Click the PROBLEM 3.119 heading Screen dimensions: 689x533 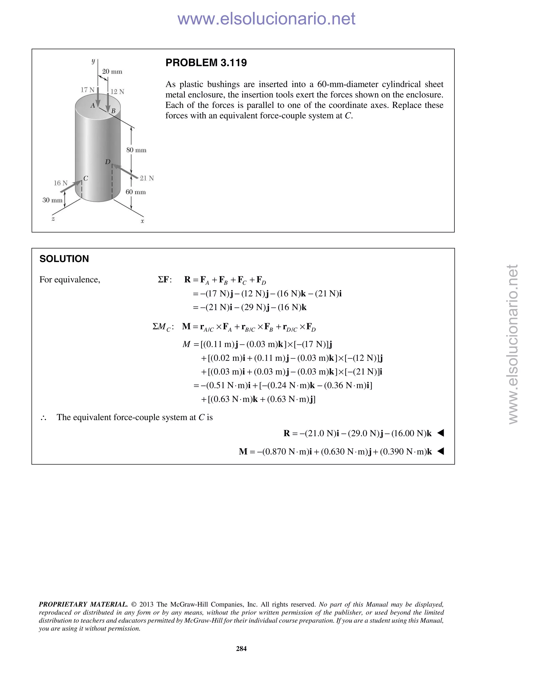click(x=206, y=63)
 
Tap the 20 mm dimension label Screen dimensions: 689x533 click(x=112, y=71)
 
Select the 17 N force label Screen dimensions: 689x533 click(x=87, y=90)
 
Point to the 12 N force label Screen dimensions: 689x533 click(x=117, y=92)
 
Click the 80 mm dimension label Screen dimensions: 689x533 click(x=136, y=150)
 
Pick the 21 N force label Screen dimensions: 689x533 click(x=147, y=178)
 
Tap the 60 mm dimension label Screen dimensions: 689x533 click(x=136, y=192)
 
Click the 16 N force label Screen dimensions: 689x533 click(x=61, y=183)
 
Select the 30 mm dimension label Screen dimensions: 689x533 click(x=52, y=200)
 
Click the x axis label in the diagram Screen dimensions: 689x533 click(x=142, y=222)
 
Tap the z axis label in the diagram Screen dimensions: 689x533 click(x=53, y=219)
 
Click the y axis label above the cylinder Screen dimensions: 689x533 click(x=93, y=61)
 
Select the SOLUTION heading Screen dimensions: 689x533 click(x=64, y=259)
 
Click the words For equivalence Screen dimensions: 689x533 click(x=69, y=279)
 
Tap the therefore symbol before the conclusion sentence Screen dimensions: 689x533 click(x=43, y=418)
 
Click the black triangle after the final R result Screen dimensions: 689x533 click(x=441, y=433)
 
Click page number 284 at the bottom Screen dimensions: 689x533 click(x=241, y=649)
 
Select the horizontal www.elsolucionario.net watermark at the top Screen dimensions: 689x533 click(x=266, y=19)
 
